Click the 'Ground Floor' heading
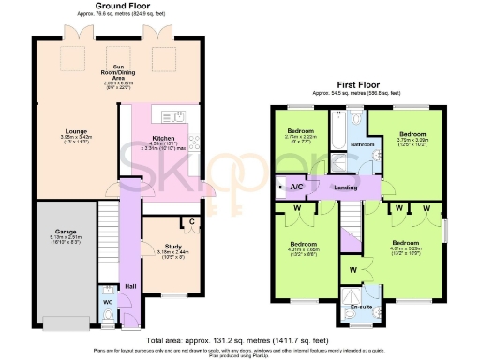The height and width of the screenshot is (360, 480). (118, 6)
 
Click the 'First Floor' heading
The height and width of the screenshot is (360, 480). (362, 84)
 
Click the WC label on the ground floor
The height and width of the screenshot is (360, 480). (109, 301)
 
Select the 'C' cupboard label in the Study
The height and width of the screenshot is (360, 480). (191, 223)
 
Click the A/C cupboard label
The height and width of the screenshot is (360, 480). (296, 187)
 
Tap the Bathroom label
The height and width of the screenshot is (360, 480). (363, 144)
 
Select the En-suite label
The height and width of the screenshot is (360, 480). (361, 307)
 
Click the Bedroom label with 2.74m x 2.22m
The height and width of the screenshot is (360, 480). (301, 130)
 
